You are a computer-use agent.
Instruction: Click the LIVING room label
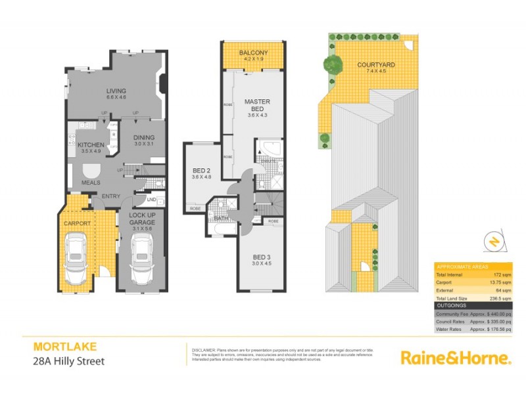point(116,91)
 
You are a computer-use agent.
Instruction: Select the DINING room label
point(143,138)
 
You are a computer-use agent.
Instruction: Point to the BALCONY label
point(253,53)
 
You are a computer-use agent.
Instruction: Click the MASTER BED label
point(257,106)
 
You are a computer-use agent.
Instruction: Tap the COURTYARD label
point(376,64)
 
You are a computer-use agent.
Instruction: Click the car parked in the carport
point(78,259)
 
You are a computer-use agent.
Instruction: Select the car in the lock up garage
point(142,259)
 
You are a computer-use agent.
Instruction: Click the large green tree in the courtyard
point(333,64)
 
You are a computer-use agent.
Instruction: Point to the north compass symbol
point(492,242)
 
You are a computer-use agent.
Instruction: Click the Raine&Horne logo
point(455,358)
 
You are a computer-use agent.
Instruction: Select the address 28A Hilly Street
point(68,361)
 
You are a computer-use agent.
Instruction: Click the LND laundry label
point(151,200)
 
